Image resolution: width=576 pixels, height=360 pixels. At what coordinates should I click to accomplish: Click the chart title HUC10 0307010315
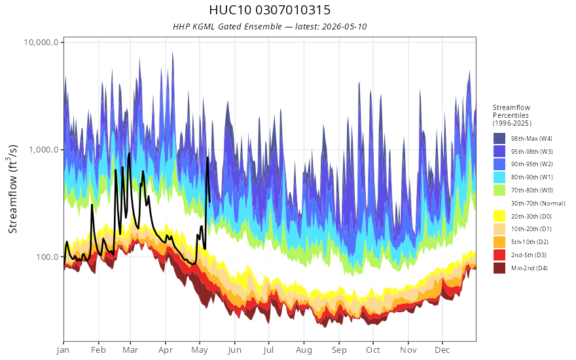point(270,10)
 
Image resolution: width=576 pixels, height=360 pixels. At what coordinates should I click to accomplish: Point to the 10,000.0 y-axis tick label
point(41,43)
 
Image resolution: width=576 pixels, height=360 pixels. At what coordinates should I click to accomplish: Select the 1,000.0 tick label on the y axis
point(44,149)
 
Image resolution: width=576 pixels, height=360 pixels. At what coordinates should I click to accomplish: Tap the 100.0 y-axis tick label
point(47,257)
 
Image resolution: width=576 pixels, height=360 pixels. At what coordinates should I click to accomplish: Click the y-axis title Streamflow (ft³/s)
point(13,189)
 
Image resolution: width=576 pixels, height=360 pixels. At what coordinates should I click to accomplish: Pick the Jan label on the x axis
point(63,350)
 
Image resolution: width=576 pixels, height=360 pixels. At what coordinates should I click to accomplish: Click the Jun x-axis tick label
point(234,350)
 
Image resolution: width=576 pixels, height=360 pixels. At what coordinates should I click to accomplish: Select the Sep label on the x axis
point(339,350)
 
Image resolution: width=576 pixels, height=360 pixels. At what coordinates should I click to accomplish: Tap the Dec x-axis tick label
point(442,350)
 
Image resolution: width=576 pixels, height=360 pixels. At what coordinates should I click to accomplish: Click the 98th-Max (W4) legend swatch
point(499,139)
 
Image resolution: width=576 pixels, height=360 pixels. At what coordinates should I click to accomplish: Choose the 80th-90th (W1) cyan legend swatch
point(499,177)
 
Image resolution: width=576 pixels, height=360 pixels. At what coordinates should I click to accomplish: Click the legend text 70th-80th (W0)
point(532,190)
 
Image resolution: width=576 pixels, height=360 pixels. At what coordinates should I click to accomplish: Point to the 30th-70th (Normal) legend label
point(538,203)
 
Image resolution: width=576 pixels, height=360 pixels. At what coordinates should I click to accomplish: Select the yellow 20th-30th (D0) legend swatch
point(499,216)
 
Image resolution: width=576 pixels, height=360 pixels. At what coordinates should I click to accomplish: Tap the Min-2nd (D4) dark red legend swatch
point(499,268)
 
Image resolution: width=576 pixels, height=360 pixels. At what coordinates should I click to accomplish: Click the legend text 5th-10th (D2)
point(530,242)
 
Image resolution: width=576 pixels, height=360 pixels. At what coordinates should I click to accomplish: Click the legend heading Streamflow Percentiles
point(512,111)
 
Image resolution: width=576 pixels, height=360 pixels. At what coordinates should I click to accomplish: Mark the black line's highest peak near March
point(129,153)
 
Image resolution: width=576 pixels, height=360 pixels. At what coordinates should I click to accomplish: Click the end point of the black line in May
point(209,202)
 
